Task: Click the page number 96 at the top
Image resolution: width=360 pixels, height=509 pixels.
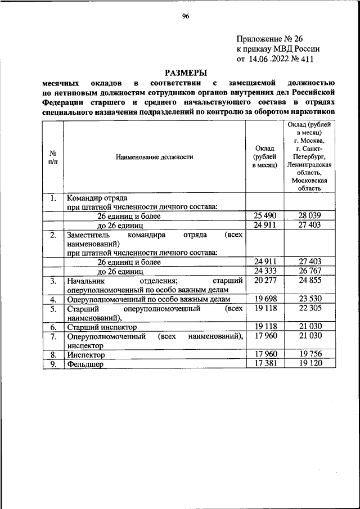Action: pyautogui.click(x=185, y=16)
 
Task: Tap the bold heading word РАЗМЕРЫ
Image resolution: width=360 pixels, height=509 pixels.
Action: pyautogui.click(x=185, y=72)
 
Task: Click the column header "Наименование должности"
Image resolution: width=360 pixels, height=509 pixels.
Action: pyautogui.click(x=155, y=157)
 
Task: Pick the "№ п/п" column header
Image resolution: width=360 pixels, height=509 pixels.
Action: pyautogui.click(x=52, y=157)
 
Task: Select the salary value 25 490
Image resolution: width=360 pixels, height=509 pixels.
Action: pyautogui.click(x=265, y=216)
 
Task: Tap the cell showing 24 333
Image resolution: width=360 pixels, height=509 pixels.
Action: pyautogui.click(x=265, y=271)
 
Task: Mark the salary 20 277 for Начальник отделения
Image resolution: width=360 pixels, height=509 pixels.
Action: pyautogui.click(x=265, y=280)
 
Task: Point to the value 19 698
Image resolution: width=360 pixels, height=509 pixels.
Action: pyautogui.click(x=265, y=299)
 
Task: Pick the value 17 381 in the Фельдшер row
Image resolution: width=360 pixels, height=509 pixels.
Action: pyautogui.click(x=265, y=364)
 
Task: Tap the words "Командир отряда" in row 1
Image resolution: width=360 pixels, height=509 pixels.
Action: pyautogui.click(x=97, y=198)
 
